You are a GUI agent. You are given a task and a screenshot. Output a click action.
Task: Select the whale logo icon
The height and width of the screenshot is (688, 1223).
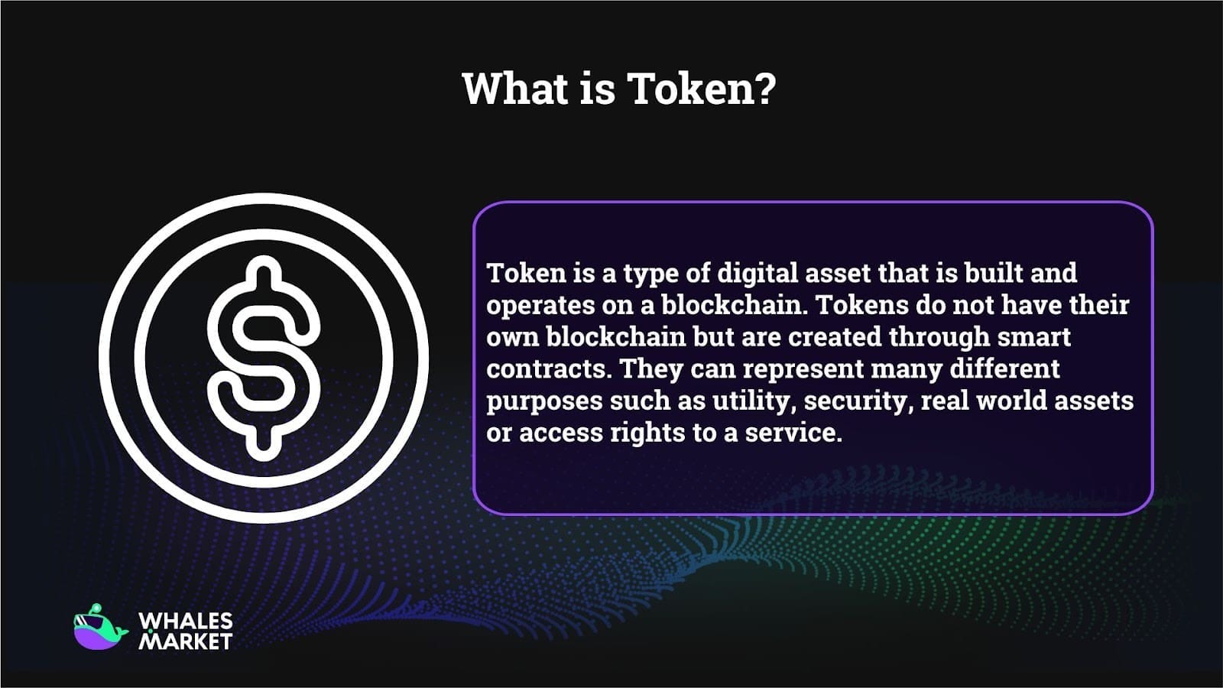click(100, 628)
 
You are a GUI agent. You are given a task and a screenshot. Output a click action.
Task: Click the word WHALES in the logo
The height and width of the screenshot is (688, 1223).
click(186, 621)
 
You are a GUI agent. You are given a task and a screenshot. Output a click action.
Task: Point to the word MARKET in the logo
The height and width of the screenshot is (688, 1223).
click(186, 641)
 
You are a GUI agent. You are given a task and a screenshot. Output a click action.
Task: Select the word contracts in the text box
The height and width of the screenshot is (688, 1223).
click(546, 369)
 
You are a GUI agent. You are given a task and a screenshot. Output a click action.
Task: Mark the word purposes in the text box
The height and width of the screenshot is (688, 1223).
click(544, 402)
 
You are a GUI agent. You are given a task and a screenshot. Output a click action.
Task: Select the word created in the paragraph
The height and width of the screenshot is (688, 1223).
click(835, 337)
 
